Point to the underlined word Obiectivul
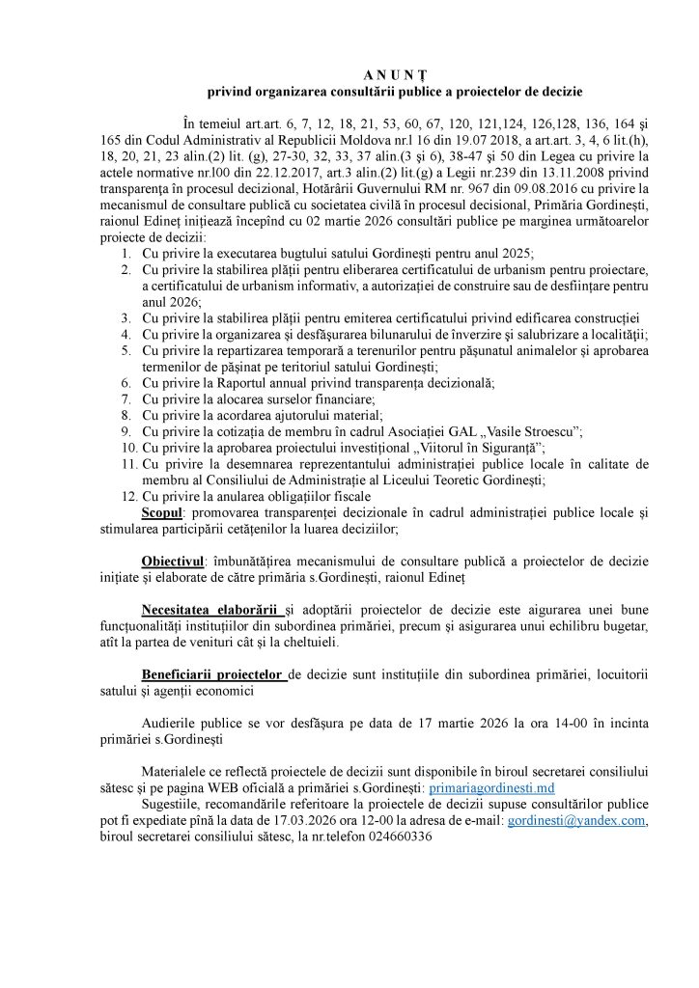[x=175, y=561]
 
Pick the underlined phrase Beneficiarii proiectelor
[x=214, y=673]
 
